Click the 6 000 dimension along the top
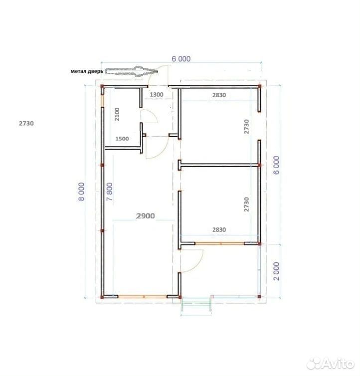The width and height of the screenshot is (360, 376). coord(181,59)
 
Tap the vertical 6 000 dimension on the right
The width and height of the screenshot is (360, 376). coord(276,165)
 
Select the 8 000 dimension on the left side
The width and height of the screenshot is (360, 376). coord(81,191)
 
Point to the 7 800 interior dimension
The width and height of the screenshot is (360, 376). coord(109,191)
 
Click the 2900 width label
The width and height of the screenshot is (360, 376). coord(146,216)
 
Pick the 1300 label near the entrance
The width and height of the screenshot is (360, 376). coord(157,95)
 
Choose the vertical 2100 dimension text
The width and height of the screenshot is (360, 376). coord(117,114)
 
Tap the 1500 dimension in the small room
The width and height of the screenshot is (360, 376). coord(122,139)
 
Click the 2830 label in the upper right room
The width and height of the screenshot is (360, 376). coord(219,95)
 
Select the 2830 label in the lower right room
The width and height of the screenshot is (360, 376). coord(219,230)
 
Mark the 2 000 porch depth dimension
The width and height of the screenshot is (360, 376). coord(276,271)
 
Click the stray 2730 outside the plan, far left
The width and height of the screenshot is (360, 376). coord(26,123)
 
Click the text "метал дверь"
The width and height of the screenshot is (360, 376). coord(87,71)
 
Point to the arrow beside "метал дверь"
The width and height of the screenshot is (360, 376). coord(132,71)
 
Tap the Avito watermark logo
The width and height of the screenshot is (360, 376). coord(331,364)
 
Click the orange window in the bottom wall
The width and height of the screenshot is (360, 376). coord(143,297)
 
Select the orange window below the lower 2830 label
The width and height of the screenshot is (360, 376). coord(219,244)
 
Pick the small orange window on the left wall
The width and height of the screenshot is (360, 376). coord(102,101)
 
